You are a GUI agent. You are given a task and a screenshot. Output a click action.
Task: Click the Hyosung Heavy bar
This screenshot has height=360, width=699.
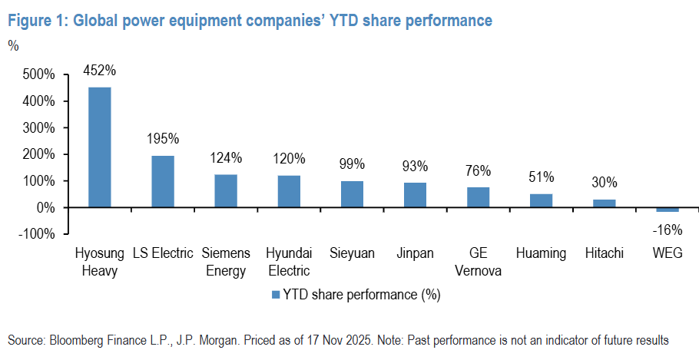click(100, 147)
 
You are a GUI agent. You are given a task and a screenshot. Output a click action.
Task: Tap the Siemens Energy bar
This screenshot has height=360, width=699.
click(226, 191)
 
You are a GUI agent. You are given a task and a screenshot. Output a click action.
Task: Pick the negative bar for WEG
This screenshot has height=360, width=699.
click(668, 210)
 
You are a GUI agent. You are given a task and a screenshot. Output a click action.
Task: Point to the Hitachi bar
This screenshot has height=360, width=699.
click(605, 203)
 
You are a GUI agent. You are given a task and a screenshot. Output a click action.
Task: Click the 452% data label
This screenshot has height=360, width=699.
click(100, 71)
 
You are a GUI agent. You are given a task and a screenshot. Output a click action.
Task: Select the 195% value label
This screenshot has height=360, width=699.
click(163, 139)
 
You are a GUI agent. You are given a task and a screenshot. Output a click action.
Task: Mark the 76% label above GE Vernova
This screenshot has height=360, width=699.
click(478, 171)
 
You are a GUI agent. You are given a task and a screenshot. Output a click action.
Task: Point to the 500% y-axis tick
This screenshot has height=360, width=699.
click(39, 74)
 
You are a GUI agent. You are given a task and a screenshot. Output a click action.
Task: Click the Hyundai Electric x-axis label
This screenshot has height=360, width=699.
click(288, 261)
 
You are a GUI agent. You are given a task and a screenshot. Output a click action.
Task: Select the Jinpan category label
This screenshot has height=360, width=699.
click(415, 253)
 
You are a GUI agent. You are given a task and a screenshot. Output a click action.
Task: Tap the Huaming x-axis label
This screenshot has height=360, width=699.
click(541, 253)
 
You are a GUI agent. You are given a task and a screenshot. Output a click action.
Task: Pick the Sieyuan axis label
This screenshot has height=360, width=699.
click(352, 253)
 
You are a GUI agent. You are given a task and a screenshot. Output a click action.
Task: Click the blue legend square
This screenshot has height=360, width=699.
click(274, 294)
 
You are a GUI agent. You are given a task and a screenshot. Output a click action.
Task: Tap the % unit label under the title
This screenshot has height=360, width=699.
click(13, 45)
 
